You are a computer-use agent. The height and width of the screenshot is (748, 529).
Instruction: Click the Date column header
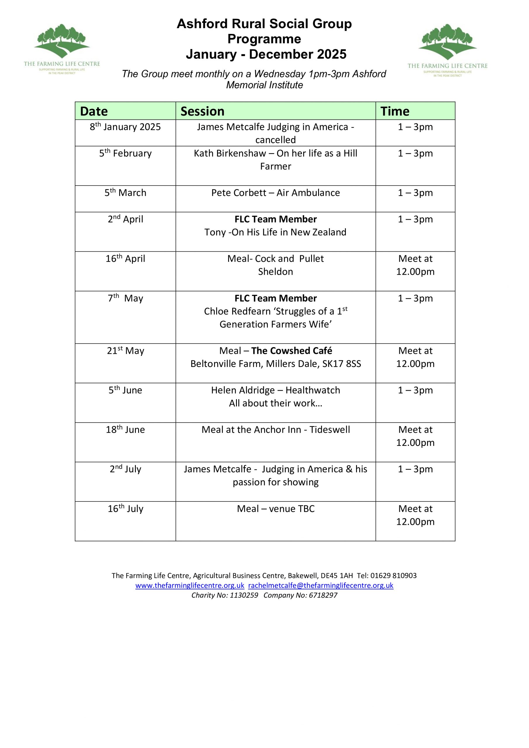[x=94, y=111]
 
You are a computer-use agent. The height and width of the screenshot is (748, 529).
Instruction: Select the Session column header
[x=202, y=111]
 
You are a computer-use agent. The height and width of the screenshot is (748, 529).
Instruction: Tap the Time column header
[x=395, y=111]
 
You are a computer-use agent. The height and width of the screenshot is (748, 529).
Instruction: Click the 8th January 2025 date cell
[x=125, y=127]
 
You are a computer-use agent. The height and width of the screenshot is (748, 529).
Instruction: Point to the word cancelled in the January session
[x=275, y=140]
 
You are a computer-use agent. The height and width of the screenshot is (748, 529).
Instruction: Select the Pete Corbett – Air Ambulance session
[x=275, y=193]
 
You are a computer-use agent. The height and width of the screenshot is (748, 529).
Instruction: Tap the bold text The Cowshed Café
[x=292, y=351]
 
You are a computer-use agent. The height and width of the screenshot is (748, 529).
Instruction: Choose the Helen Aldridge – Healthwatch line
[x=275, y=390]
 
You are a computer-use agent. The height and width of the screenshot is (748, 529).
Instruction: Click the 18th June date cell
[x=125, y=430]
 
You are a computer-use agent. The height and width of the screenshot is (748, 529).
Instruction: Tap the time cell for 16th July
[x=415, y=515]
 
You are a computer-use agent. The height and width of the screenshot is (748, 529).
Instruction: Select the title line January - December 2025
[x=266, y=54]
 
